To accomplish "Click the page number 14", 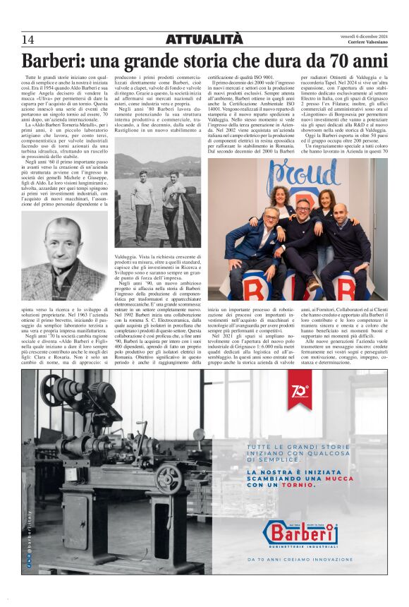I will click(x=28, y=40).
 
